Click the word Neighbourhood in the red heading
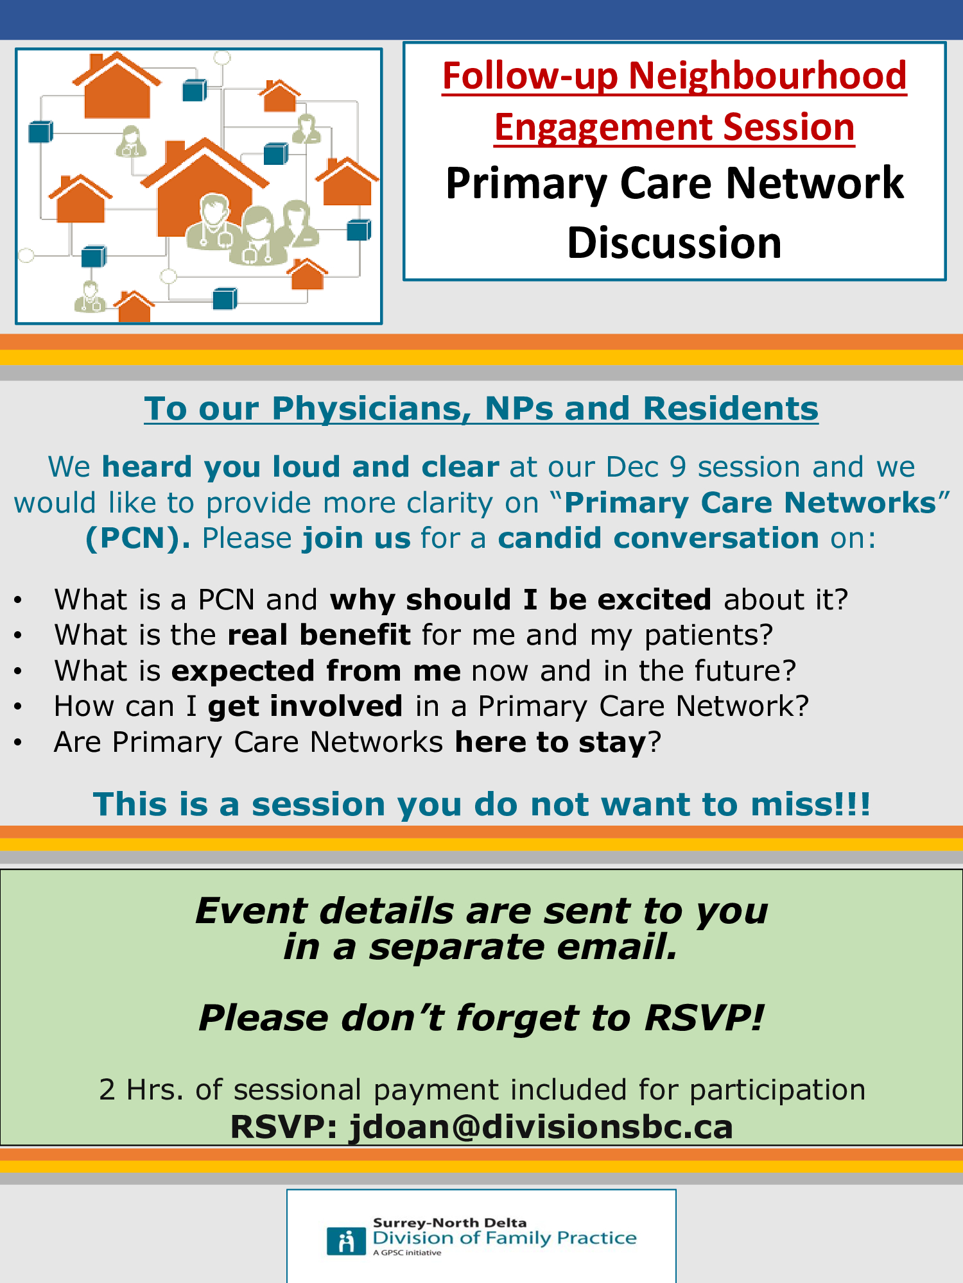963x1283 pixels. pyautogui.click(x=767, y=76)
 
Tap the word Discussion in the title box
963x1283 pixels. pyautogui.click(x=674, y=243)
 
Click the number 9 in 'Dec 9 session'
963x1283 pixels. pyautogui.click(x=678, y=467)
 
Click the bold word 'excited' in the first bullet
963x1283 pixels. pyautogui.click(x=654, y=600)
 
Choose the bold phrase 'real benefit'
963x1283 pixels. pyautogui.click(x=319, y=635)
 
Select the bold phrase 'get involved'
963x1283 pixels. pyautogui.click(x=305, y=706)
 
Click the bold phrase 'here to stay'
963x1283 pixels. pyautogui.click(x=550, y=742)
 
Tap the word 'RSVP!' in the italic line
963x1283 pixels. pyautogui.click(x=704, y=1018)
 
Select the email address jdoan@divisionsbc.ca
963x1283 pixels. pyautogui.click(x=541, y=1127)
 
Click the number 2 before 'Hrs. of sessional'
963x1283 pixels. pyautogui.click(x=107, y=1090)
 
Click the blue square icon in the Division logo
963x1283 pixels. pyautogui.click(x=346, y=1241)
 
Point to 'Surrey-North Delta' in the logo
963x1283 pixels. pyautogui.click(x=449, y=1223)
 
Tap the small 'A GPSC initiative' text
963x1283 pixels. pyautogui.click(x=407, y=1252)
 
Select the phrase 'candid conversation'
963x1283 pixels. pyautogui.click(x=658, y=538)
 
